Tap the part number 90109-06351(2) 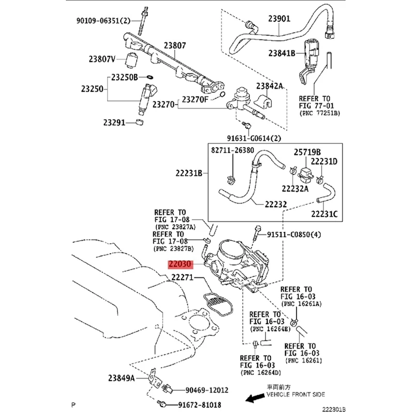point(102,21)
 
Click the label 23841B point(282,53)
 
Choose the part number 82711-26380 point(233,150)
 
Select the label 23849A point(122,378)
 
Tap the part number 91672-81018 point(201,404)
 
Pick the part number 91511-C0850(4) point(293,234)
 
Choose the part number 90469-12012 point(207,390)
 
